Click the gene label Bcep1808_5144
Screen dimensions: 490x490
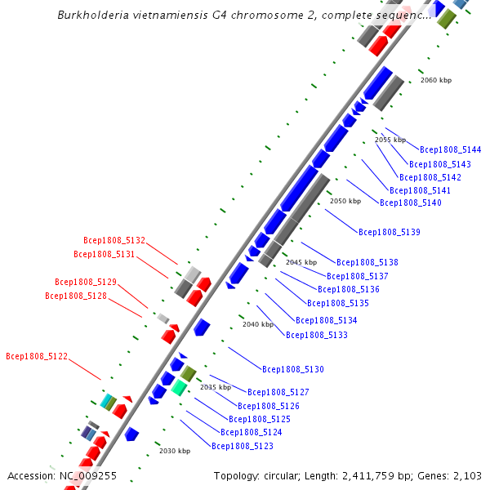click(450, 150)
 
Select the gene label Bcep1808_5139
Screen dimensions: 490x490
click(389, 233)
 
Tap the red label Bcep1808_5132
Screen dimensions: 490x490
click(114, 241)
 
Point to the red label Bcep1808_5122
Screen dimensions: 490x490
click(37, 357)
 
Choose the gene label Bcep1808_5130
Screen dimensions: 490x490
click(292, 370)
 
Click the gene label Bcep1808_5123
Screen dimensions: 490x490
click(242, 447)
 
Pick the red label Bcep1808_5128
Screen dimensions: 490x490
click(76, 296)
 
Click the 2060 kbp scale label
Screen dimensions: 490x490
click(435, 81)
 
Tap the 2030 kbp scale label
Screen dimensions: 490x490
click(174, 451)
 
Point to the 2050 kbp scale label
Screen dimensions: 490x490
click(345, 201)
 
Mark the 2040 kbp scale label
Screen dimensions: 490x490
click(258, 324)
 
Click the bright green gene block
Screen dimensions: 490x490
click(178, 388)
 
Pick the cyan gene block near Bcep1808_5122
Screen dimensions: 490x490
click(106, 401)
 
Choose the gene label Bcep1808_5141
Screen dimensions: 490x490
click(420, 190)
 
